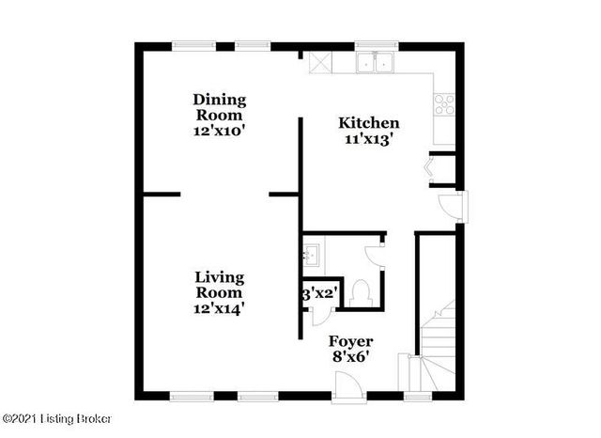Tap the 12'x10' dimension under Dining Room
tap(219, 132)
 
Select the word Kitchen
tap(369, 123)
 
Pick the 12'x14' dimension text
tap(220, 306)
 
